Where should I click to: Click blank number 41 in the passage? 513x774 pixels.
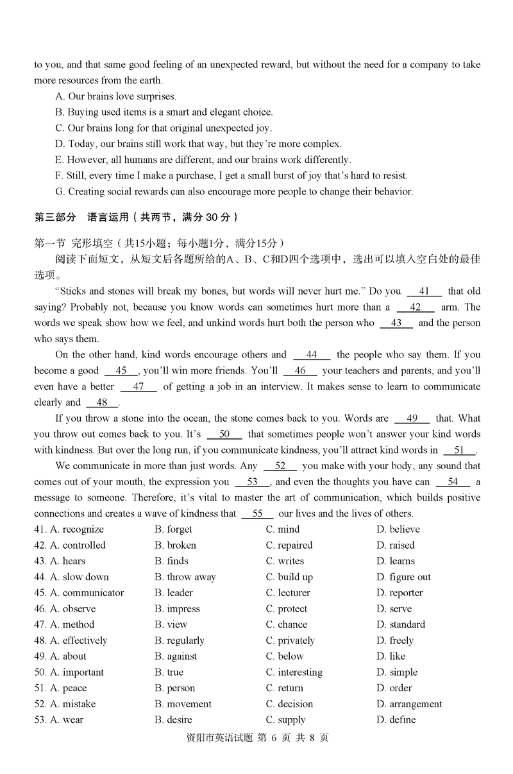424,291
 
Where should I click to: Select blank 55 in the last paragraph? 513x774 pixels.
258,513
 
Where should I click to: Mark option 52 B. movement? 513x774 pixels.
183,704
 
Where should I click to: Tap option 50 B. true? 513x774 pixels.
169,673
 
